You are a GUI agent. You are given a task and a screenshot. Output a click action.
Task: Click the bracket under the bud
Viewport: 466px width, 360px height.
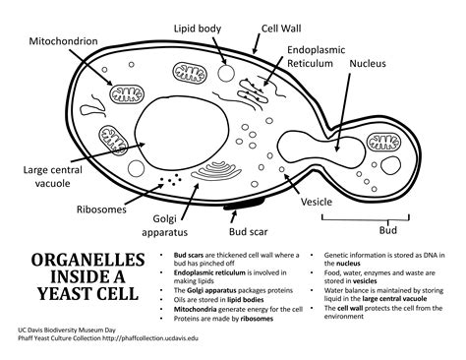coord(387,216)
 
